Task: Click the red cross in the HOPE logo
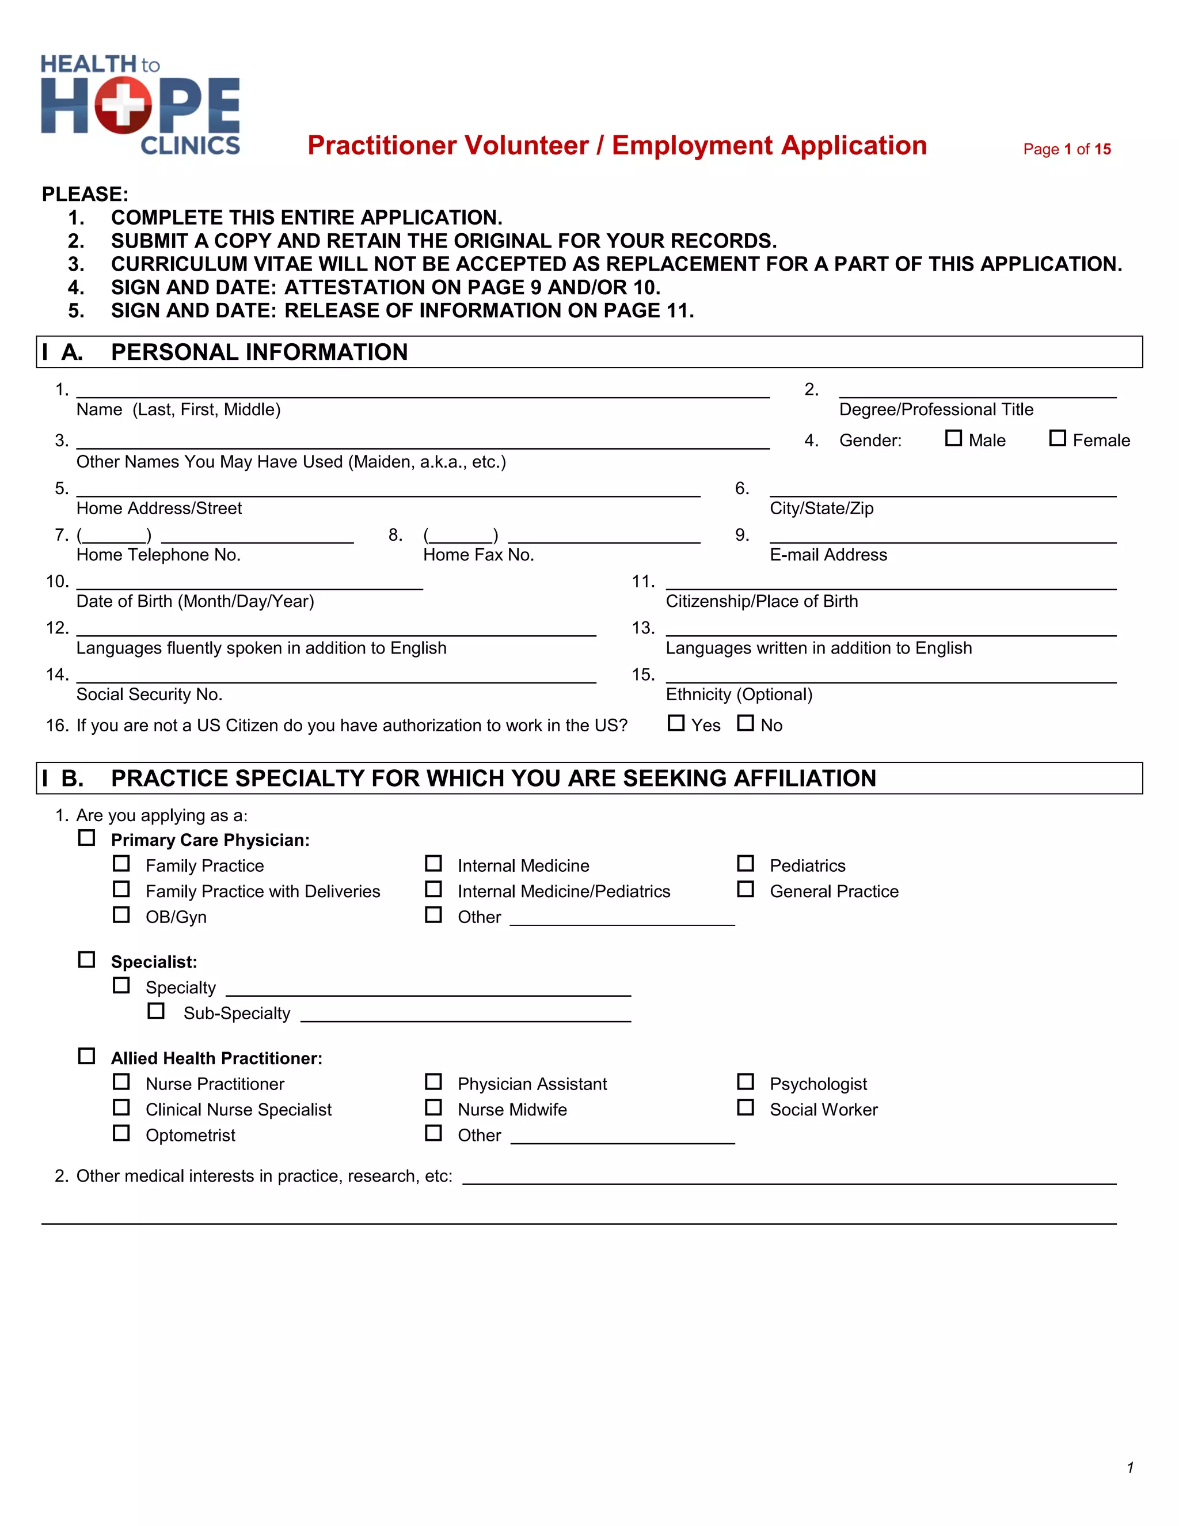(x=123, y=105)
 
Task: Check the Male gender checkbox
(x=953, y=438)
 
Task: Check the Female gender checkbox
(x=1058, y=438)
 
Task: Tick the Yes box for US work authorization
(x=675, y=723)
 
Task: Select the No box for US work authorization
(x=746, y=723)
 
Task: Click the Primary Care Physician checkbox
(x=86, y=838)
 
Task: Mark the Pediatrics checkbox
(x=746, y=864)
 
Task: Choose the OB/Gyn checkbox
(x=121, y=914)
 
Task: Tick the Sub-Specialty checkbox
(x=157, y=1011)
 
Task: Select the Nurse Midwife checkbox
(x=433, y=1107)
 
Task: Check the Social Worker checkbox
(x=746, y=1107)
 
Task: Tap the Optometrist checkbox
(x=121, y=1133)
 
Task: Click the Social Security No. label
(x=150, y=694)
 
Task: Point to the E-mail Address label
(x=828, y=555)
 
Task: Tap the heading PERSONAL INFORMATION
(x=259, y=352)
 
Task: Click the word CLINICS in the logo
(x=190, y=145)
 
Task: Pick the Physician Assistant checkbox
(x=433, y=1081)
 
